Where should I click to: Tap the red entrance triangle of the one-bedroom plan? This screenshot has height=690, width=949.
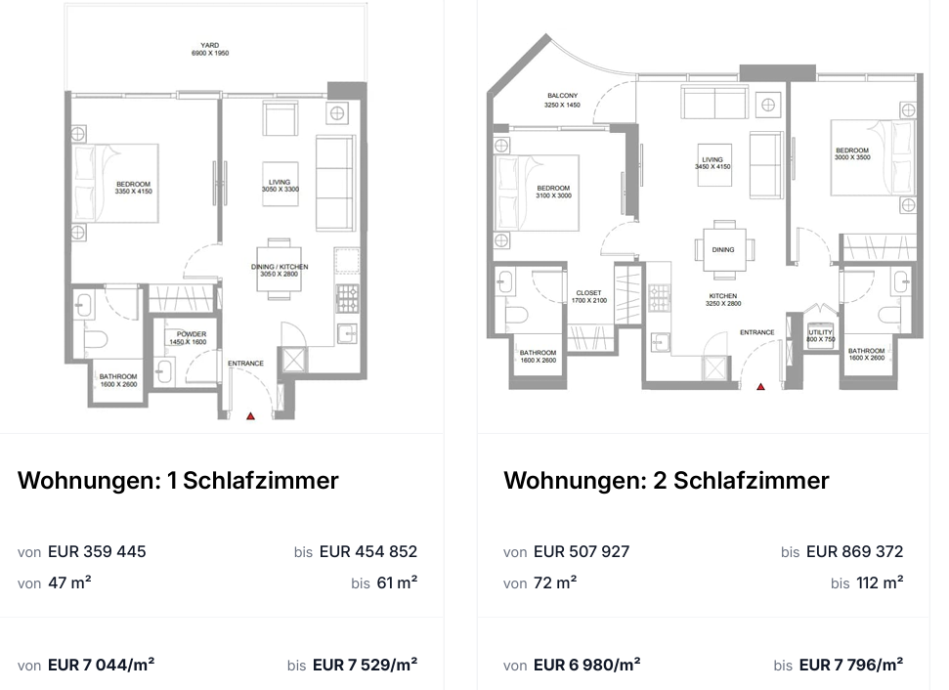coord(250,415)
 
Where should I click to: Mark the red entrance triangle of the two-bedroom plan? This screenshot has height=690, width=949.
coord(760,386)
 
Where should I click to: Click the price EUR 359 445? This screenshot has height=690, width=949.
coord(97,551)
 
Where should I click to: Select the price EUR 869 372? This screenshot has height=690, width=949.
coord(854,551)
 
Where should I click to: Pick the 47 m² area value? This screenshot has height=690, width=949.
coord(69,582)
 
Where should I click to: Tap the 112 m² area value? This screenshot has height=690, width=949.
coord(880,582)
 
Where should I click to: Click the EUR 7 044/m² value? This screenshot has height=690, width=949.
coord(101,665)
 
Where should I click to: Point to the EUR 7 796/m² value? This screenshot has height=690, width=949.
coord(851,665)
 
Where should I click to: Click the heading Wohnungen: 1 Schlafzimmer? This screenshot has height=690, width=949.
coord(178,481)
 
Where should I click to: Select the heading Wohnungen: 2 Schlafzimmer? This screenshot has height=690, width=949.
coord(667,481)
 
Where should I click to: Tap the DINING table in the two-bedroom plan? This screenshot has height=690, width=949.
coord(724,249)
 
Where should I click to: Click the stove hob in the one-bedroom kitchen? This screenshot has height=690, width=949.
coord(348,298)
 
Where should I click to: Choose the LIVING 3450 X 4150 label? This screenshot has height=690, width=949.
coord(712,163)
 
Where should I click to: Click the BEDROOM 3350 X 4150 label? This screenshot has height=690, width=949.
coord(133,188)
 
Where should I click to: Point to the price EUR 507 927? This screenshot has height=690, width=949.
coord(582,551)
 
